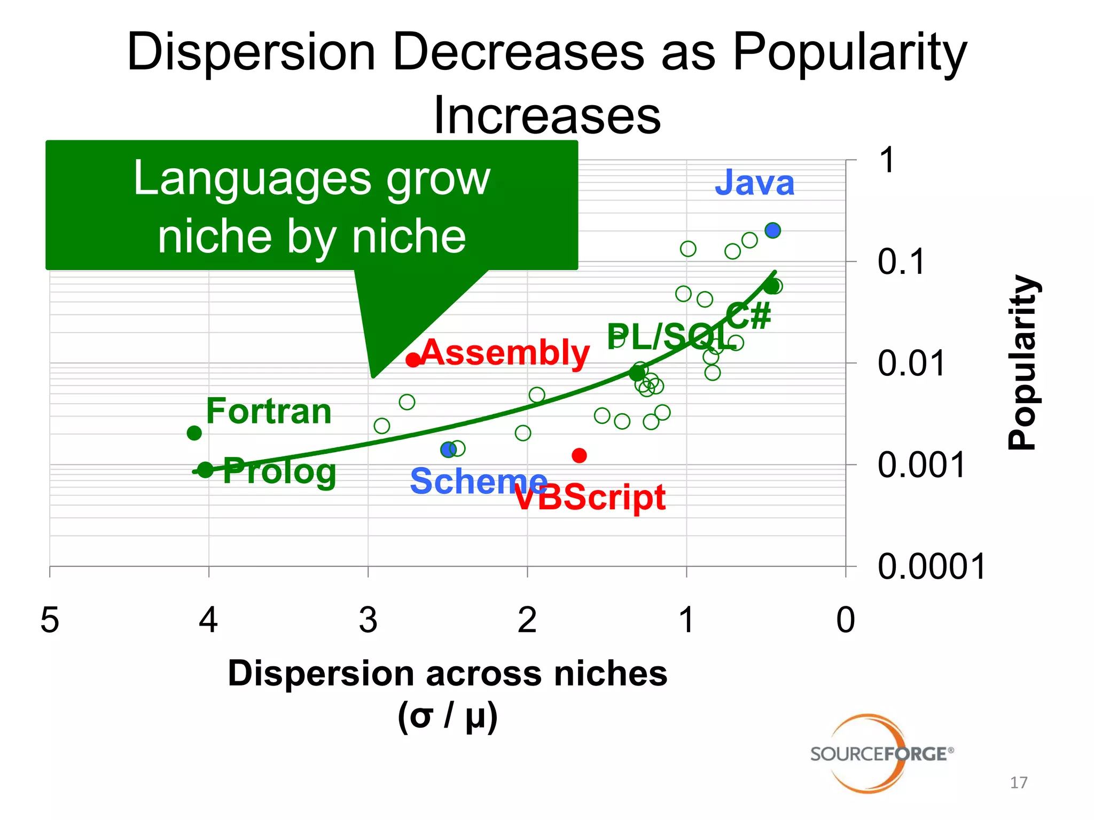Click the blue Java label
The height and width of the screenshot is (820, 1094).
pos(754,183)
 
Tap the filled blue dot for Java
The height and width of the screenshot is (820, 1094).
pos(772,230)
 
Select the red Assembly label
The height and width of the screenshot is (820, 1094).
pos(505,353)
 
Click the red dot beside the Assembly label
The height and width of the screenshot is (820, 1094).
pos(412,360)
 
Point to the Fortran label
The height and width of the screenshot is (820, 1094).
pos(269,411)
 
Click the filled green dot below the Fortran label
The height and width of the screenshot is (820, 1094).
pos(194,432)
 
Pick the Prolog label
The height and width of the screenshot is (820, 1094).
pos(279,471)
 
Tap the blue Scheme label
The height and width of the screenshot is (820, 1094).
pos(478,481)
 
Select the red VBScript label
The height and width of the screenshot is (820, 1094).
pos(590,498)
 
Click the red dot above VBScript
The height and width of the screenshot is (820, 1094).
pos(579,455)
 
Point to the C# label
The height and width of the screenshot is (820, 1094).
pos(748,316)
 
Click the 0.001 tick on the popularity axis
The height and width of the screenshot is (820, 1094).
pos(921,465)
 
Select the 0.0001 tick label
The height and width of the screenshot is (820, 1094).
pos(931,566)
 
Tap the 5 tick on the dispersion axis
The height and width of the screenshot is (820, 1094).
pos(50,620)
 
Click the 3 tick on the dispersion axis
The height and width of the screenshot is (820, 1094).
pos(368,620)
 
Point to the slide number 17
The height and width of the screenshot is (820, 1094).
pos(1018,783)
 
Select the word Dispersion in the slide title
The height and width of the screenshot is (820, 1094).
pos(251,52)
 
